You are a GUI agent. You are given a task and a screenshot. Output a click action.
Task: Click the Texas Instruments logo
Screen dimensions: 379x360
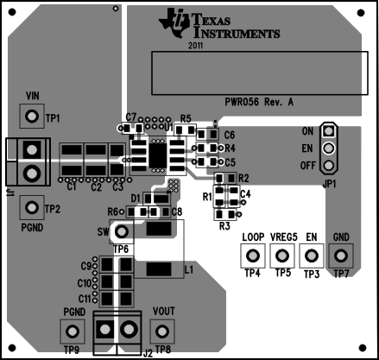tap(219, 23)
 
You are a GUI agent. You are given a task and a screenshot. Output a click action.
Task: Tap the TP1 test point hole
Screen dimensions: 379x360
tap(32, 117)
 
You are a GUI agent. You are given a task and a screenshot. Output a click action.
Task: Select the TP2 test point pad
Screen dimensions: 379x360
tap(32, 207)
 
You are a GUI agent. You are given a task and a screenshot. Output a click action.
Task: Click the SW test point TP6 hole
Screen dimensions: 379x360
tap(122, 231)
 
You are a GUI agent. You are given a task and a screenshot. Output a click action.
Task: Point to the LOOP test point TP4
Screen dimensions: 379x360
tap(253, 256)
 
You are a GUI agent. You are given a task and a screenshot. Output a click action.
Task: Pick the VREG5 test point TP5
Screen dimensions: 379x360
tap(282, 256)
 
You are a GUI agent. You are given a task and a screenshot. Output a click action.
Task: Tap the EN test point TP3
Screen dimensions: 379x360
tap(312, 256)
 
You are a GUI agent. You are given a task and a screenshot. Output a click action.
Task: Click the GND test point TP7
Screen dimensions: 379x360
tap(341, 256)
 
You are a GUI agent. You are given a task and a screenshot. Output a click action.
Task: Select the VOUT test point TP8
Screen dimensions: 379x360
tap(162, 332)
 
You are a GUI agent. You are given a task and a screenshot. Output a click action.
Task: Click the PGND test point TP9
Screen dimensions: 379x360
tap(73, 332)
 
